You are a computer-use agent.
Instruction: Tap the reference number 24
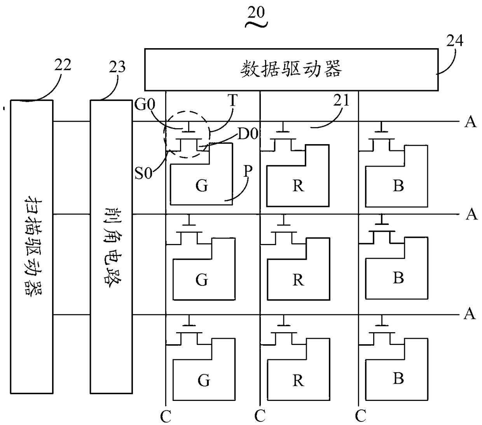pyautogui.click(x=455, y=40)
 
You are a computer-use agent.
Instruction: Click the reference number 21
pyautogui.click(x=341, y=100)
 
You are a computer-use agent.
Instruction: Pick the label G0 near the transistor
pyautogui.click(x=145, y=104)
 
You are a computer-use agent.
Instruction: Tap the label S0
pyautogui.click(x=143, y=173)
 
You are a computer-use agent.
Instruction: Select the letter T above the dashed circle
pyautogui.click(x=233, y=100)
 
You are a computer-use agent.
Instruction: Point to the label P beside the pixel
pyautogui.click(x=248, y=171)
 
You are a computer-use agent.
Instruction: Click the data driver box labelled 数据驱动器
pyautogui.click(x=292, y=70)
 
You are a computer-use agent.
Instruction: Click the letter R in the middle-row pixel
pyautogui.click(x=298, y=280)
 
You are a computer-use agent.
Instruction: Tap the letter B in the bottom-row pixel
pyautogui.click(x=398, y=378)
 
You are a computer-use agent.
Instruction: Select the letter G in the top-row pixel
pyautogui.click(x=202, y=186)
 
